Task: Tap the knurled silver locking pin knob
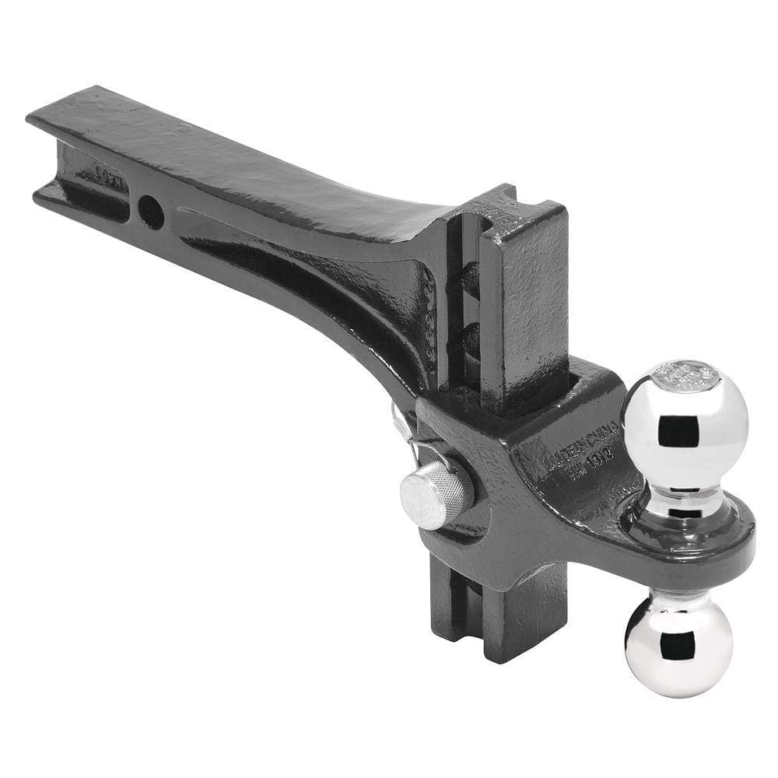point(436,493)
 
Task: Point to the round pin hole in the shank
point(151,211)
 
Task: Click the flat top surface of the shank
point(233,156)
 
